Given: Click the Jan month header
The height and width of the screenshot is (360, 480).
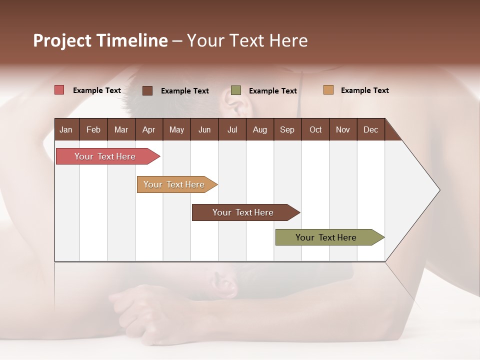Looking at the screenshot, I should point(66,130).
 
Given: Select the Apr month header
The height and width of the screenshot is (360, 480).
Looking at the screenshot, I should point(149,130).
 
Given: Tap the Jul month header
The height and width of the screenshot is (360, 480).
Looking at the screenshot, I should point(232,130).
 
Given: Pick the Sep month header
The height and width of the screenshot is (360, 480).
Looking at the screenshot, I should point(287,130).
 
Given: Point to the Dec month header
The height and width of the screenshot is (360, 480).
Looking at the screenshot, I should point(370,130).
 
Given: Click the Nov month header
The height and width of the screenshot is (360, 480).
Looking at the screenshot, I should point(342,130).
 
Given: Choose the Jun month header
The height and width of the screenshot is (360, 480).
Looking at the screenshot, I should point(204,130).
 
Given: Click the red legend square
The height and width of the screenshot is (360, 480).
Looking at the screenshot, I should point(59,90).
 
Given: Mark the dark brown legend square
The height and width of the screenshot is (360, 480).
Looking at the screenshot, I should point(147,90).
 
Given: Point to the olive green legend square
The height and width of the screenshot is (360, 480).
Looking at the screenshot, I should point(236,90).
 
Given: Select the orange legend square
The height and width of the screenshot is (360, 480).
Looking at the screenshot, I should point(328,90).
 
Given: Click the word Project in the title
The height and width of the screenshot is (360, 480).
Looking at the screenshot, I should point(62,40).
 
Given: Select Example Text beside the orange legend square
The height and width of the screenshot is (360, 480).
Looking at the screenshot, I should point(364,90).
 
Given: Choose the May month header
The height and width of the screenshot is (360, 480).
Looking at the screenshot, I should point(176,130).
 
